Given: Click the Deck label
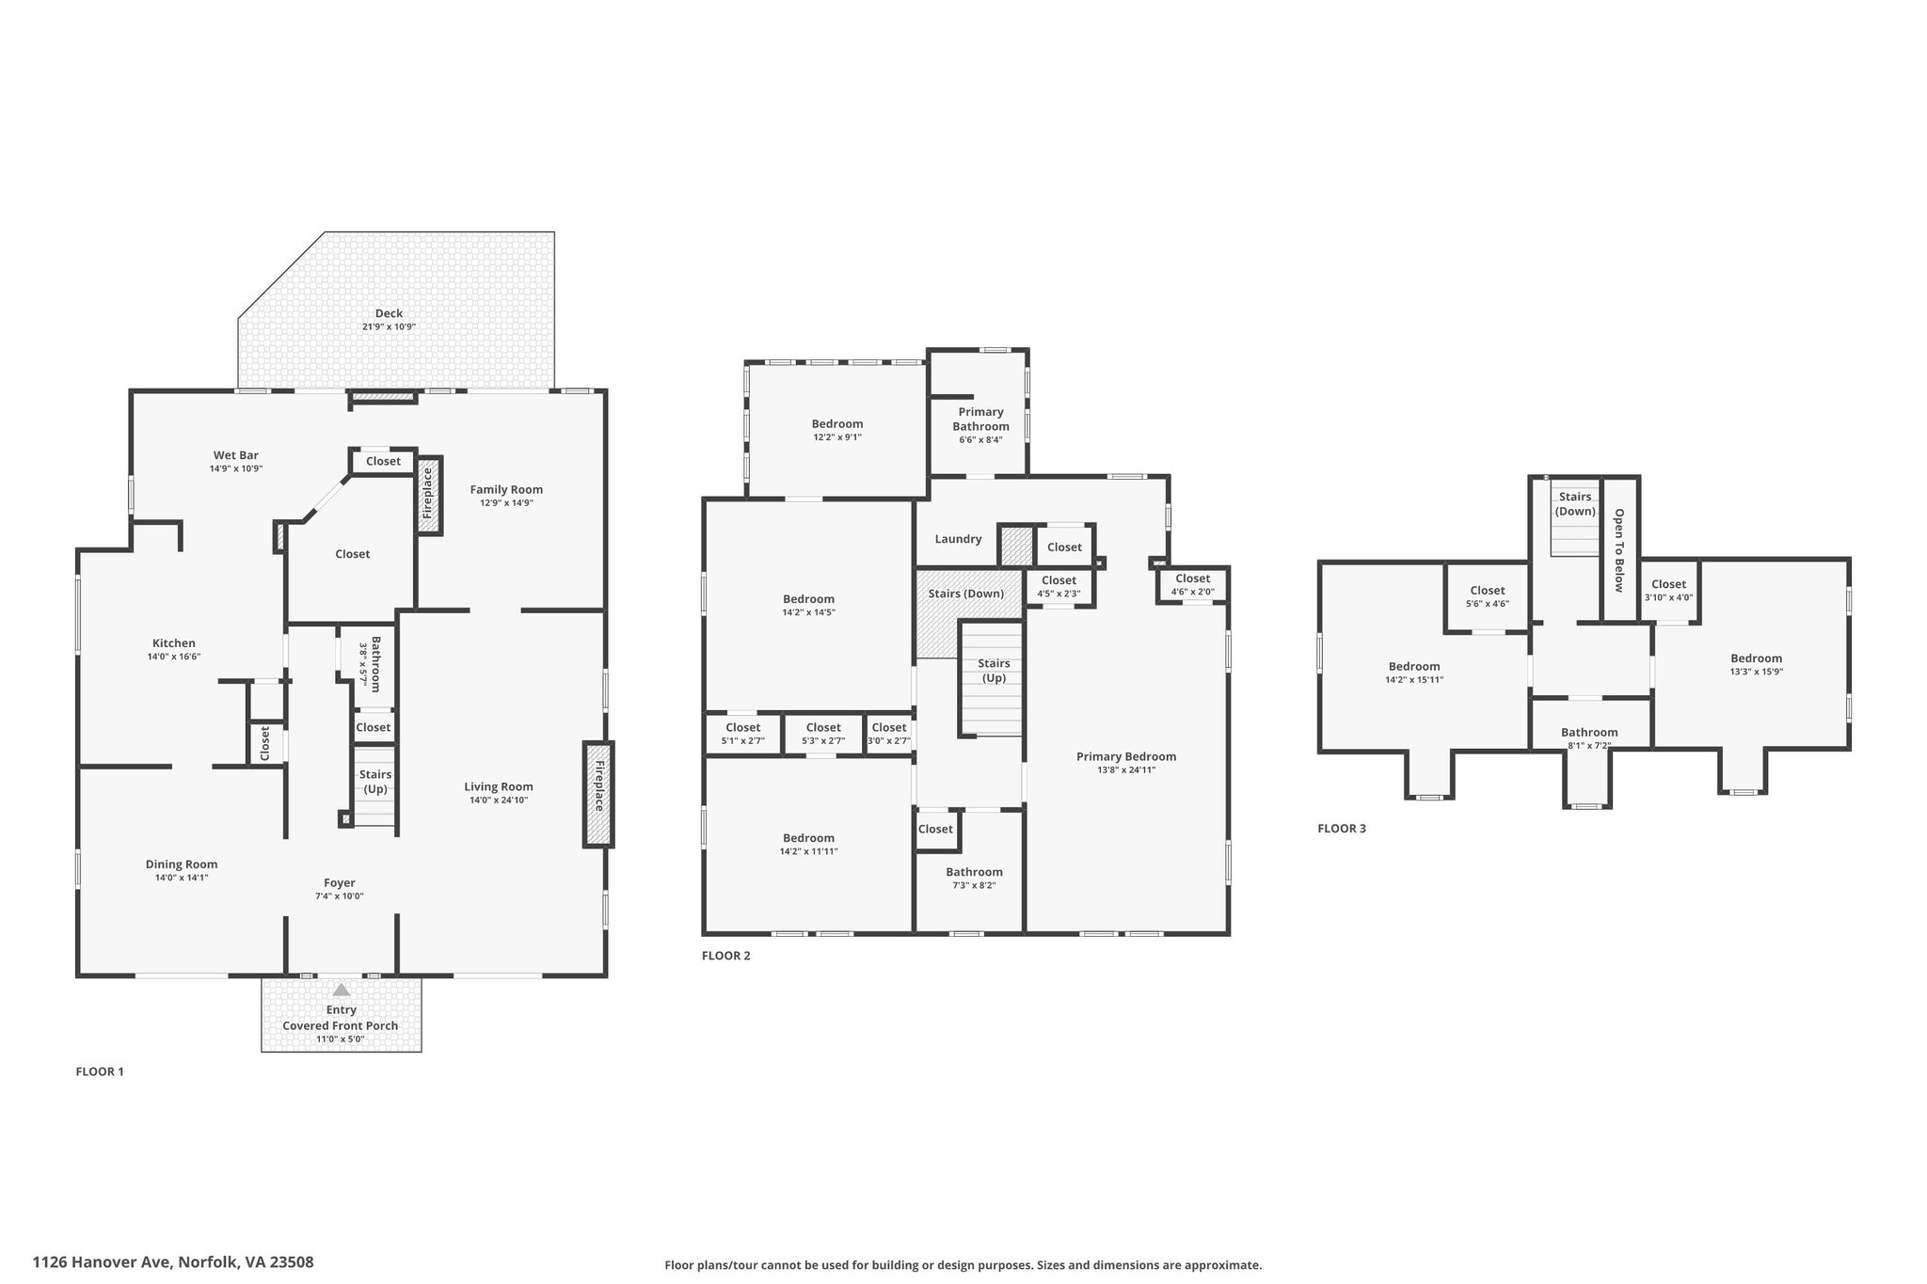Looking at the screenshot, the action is tap(389, 313).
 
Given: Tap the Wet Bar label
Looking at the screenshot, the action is tap(235, 455).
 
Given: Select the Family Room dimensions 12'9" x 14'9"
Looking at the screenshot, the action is tap(506, 503).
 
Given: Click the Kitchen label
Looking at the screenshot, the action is tap(174, 643).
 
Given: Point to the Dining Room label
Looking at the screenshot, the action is tap(182, 864).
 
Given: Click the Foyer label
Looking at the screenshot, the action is tap(340, 883).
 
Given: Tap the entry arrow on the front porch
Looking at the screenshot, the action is tap(342, 990).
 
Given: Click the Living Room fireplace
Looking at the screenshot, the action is tap(598, 794).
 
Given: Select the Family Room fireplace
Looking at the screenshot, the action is tap(428, 495).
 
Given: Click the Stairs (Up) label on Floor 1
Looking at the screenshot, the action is tap(375, 782).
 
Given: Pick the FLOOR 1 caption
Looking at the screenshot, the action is tap(100, 1071).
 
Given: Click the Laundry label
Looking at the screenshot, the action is tap(958, 539).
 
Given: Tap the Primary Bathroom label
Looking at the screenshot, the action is tap(980, 419).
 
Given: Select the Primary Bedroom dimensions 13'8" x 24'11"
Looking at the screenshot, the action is tap(1126, 770).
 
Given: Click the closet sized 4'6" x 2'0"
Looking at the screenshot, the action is tap(1193, 585).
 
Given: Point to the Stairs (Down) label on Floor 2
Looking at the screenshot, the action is tap(966, 594).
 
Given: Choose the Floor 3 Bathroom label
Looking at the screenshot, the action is tap(1589, 733).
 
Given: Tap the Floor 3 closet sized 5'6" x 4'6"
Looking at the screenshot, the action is tap(1487, 597).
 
